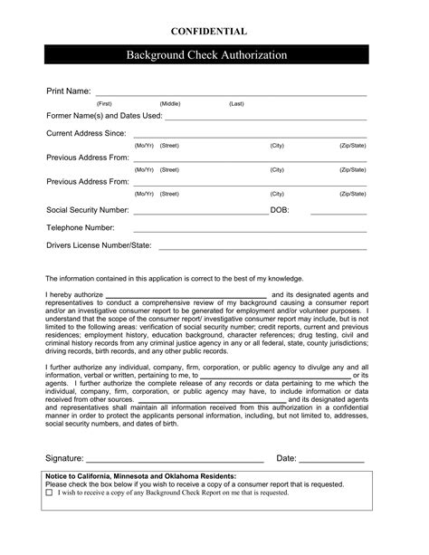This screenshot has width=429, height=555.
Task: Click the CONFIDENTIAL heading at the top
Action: [214, 32]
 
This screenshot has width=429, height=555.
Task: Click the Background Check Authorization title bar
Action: [214, 55]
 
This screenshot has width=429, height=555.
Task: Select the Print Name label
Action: [69, 91]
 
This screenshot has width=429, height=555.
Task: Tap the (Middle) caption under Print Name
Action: [170, 104]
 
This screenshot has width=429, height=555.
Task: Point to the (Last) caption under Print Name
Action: [236, 104]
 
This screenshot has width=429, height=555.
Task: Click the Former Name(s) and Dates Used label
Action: [104, 116]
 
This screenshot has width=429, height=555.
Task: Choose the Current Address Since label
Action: [85, 133]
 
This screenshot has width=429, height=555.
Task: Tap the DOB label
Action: [280, 209]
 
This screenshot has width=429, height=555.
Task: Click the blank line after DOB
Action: [338, 213]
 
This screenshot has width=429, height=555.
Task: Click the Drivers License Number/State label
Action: [99, 244]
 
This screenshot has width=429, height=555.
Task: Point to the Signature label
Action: [65, 459]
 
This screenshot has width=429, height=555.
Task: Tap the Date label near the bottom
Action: [286, 459]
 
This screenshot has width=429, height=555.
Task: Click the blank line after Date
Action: [331, 463]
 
